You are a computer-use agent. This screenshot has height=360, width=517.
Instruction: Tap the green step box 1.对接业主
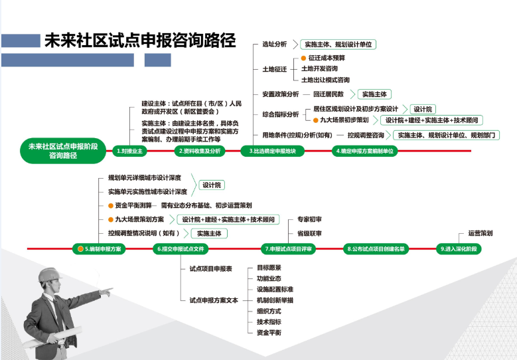(x=129, y=151)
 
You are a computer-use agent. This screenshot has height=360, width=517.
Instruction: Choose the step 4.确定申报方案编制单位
(x=364, y=151)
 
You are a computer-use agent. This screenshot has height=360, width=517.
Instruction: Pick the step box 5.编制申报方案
(x=98, y=248)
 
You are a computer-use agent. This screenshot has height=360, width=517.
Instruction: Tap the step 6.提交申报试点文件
(x=181, y=248)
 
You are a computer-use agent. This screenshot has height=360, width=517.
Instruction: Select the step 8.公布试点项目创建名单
(x=376, y=248)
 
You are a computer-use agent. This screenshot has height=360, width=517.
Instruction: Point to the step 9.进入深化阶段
(x=459, y=248)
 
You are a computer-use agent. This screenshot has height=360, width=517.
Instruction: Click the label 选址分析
(x=274, y=45)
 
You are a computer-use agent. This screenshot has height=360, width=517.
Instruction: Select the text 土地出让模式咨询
(x=325, y=80)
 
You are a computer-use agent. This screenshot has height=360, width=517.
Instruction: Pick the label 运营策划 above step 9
(x=480, y=234)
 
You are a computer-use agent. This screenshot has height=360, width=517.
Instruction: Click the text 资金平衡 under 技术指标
(x=269, y=331)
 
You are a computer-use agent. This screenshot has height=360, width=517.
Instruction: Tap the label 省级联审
(x=309, y=234)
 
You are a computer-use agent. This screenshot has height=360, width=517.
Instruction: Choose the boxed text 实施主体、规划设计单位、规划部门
(x=446, y=135)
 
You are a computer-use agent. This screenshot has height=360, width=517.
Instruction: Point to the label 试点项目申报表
(x=210, y=269)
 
